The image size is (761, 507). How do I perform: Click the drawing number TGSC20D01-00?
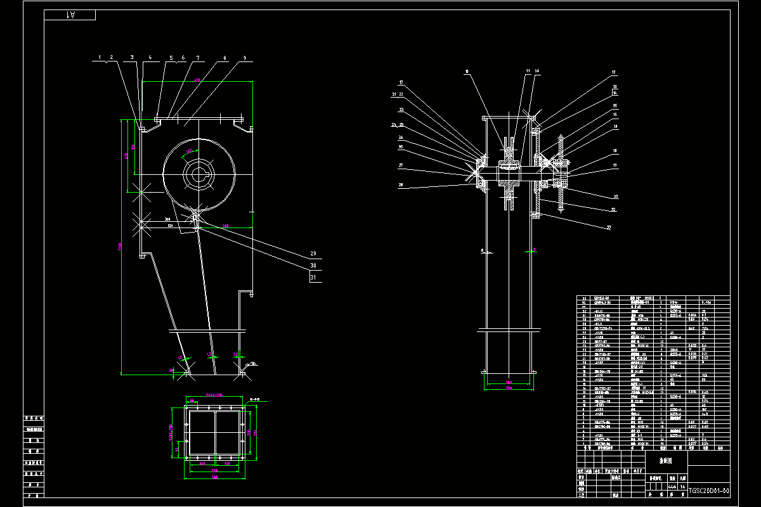click(x=708, y=491)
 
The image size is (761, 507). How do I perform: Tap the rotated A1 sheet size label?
click(x=70, y=15)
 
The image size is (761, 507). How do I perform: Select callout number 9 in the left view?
click(x=244, y=58)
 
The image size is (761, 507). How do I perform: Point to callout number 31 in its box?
click(x=313, y=277)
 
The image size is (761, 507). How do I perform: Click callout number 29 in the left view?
click(x=313, y=254)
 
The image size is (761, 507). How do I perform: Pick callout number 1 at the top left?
click(x=100, y=58)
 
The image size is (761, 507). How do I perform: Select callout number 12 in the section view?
click(x=614, y=72)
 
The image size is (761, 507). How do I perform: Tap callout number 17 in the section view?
click(x=401, y=82)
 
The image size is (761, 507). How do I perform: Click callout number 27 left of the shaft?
click(x=401, y=165)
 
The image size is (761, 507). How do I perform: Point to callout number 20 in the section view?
click(x=615, y=196)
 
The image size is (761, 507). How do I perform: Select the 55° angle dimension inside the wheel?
click(x=188, y=151)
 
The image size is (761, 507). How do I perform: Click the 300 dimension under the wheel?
click(x=226, y=226)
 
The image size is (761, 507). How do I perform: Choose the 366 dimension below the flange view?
click(x=214, y=478)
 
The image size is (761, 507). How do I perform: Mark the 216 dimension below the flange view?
click(x=214, y=471)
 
